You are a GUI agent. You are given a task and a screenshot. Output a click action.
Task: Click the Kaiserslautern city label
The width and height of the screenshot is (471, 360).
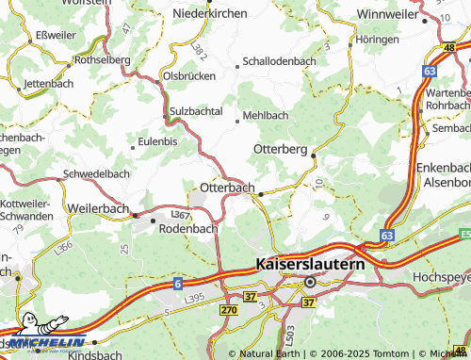coord(310,267)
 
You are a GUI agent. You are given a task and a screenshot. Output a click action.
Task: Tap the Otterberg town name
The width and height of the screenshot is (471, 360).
coord(281,149)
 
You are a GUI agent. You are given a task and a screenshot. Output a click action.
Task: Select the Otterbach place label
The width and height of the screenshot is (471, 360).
coord(227,188)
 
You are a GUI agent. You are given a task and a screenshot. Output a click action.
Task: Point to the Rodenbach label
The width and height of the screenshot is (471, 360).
coord(187,228)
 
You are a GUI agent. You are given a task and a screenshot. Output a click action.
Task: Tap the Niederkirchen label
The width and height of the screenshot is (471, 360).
coord(210,13)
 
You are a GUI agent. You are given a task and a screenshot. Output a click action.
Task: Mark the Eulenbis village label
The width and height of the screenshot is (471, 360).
coord(157,141)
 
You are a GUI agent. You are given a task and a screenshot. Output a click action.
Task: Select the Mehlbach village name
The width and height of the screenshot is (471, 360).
coord(265,115)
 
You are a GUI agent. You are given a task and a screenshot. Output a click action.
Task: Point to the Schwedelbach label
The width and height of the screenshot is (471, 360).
coord(95,174)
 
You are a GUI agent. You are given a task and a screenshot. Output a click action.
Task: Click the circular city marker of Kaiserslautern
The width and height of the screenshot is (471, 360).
coord(309,282)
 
